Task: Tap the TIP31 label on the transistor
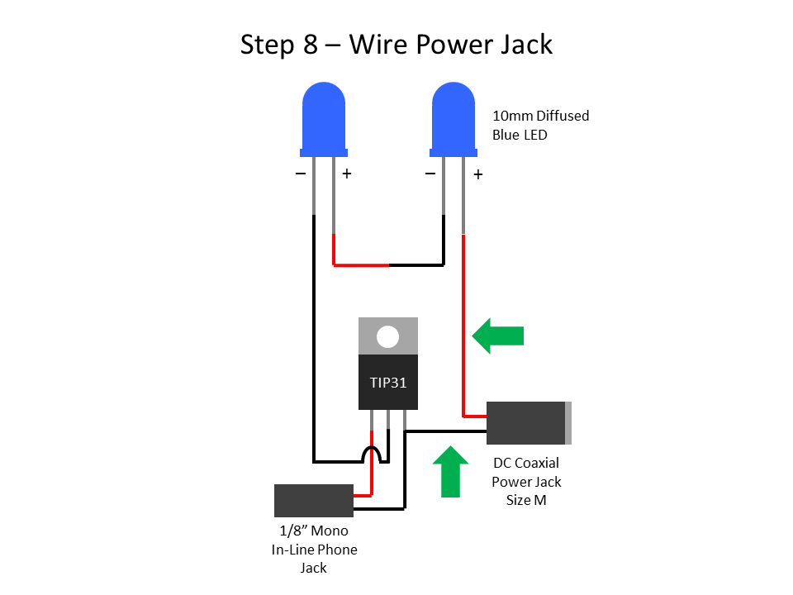pos(387,383)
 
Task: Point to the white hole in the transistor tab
pos(387,336)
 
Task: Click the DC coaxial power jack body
pos(525,422)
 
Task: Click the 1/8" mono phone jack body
pos(313,501)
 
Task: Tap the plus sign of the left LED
pos(347,174)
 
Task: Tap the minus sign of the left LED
pos(300,174)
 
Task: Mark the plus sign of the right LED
pos(477,175)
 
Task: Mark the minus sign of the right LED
pos(430,174)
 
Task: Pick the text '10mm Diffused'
pos(540,116)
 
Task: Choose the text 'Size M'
pos(526,500)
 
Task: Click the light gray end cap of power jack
pos(567,422)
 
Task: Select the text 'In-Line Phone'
pos(314,550)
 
